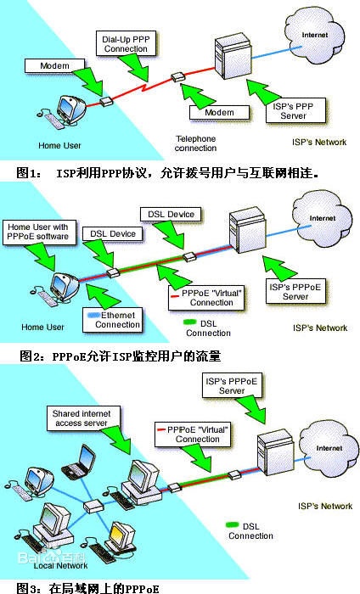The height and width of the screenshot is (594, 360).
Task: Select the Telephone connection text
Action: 195,143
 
